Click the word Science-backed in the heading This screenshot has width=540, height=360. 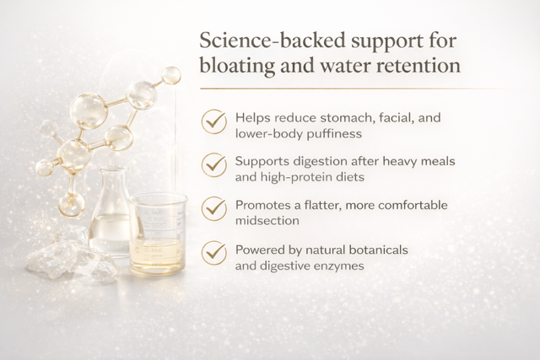pos(273,40)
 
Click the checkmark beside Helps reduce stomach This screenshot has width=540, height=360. pos(213,121)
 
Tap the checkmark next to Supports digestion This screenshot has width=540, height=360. pos(213,165)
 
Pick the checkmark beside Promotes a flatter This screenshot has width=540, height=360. pos(213,208)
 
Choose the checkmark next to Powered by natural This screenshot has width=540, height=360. pos(213,253)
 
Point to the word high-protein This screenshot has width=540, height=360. pos(312,178)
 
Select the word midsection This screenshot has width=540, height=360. pos(267,221)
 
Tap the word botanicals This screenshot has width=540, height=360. pos(378,250)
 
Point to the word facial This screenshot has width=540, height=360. pos(396,118)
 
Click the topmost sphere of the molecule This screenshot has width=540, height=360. pos(170,75)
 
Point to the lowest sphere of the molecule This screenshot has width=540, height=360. pos(71,204)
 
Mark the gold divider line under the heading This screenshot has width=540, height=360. pos(358,89)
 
